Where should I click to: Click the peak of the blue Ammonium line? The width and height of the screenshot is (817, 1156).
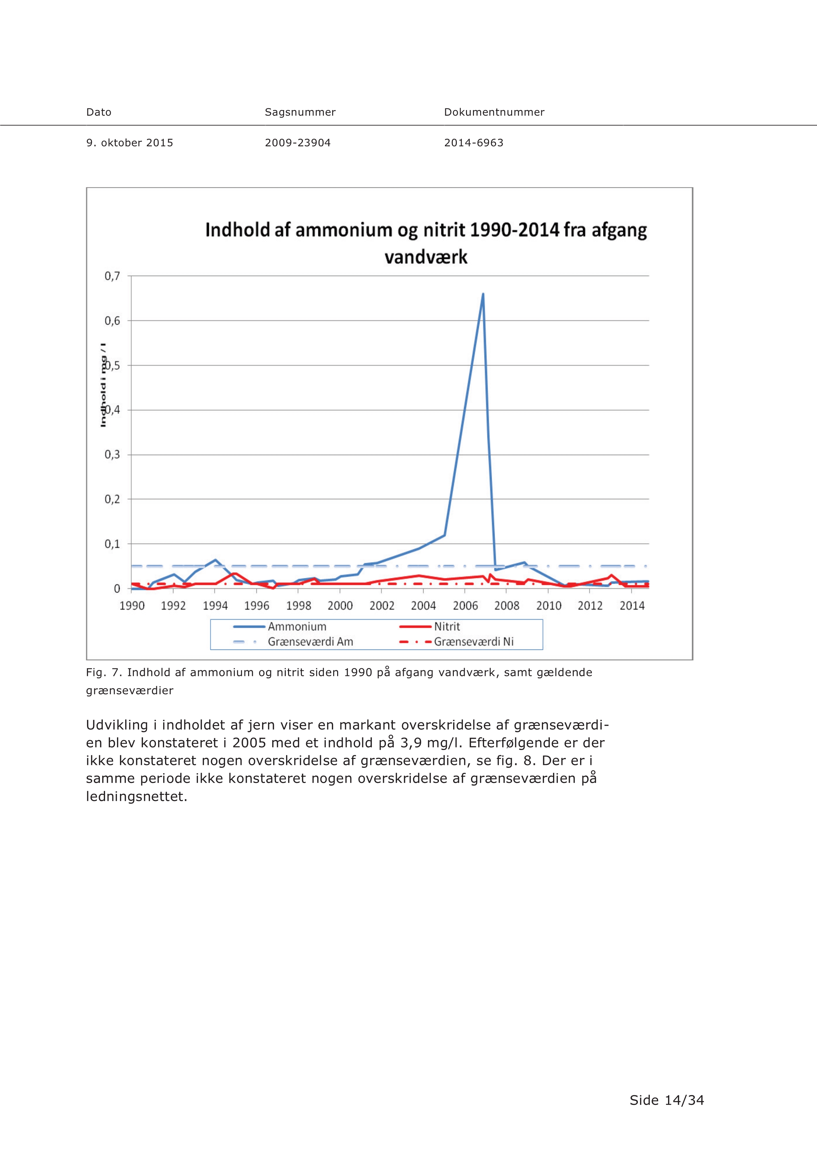(x=483, y=294)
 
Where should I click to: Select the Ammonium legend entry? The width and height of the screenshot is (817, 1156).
(x=280, y=627)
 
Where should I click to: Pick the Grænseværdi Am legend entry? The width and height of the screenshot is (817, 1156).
(x=293, y=642)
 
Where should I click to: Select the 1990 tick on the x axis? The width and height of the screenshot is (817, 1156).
(x=132, y=606)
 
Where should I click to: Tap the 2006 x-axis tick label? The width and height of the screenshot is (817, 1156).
(x=465, y=606)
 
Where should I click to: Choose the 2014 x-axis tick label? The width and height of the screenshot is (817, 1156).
(x=632, y=606)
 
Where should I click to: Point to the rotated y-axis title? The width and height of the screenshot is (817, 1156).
(x=103, y=385)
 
